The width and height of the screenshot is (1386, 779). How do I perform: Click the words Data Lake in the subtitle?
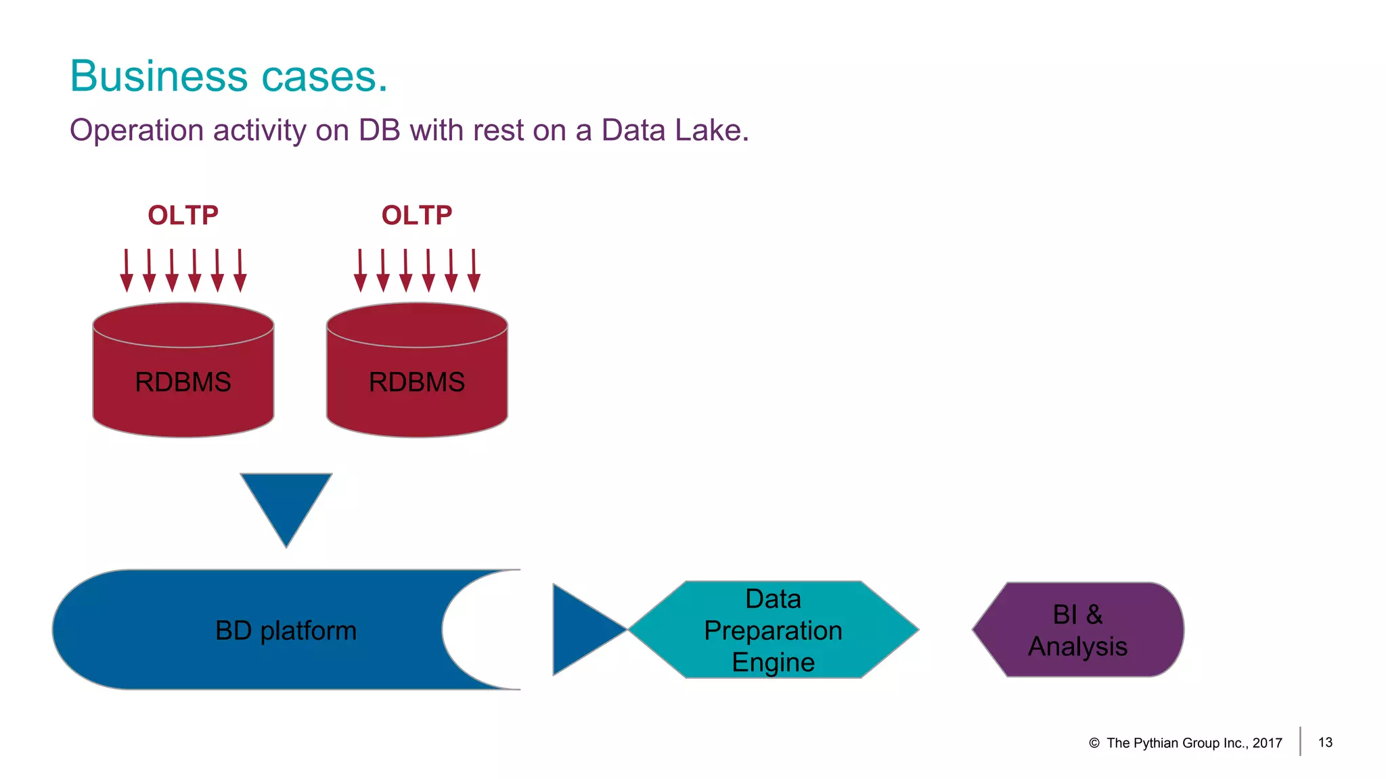[x=674, y=130]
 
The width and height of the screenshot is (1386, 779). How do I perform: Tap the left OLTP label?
[x=183, y=215]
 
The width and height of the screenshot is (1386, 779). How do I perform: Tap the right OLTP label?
[x=416, y=215]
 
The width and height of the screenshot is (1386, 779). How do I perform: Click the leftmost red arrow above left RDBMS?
[x=127, y=270]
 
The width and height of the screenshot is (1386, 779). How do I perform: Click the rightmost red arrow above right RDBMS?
[x=474, y=270]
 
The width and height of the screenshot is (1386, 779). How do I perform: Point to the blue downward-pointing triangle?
[x=286, y=500]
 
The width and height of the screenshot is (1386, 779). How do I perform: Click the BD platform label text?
[x=286, y=630]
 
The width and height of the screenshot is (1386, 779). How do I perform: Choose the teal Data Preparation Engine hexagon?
[x=773, y=630]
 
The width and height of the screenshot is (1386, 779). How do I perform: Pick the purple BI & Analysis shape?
[x=1078, y=630]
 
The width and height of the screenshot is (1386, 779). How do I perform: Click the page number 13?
[x=1325, y=742]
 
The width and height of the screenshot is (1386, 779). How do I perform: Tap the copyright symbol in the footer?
[x=1094, y=743]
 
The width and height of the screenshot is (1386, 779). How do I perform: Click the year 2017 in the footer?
[x=1267, y=743]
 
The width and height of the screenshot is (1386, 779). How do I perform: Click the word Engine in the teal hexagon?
[x=773, y=662]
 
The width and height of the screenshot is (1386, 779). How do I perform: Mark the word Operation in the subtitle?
[x=136, y=131]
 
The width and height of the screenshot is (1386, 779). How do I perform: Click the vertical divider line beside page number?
[x=1300, y=741]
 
